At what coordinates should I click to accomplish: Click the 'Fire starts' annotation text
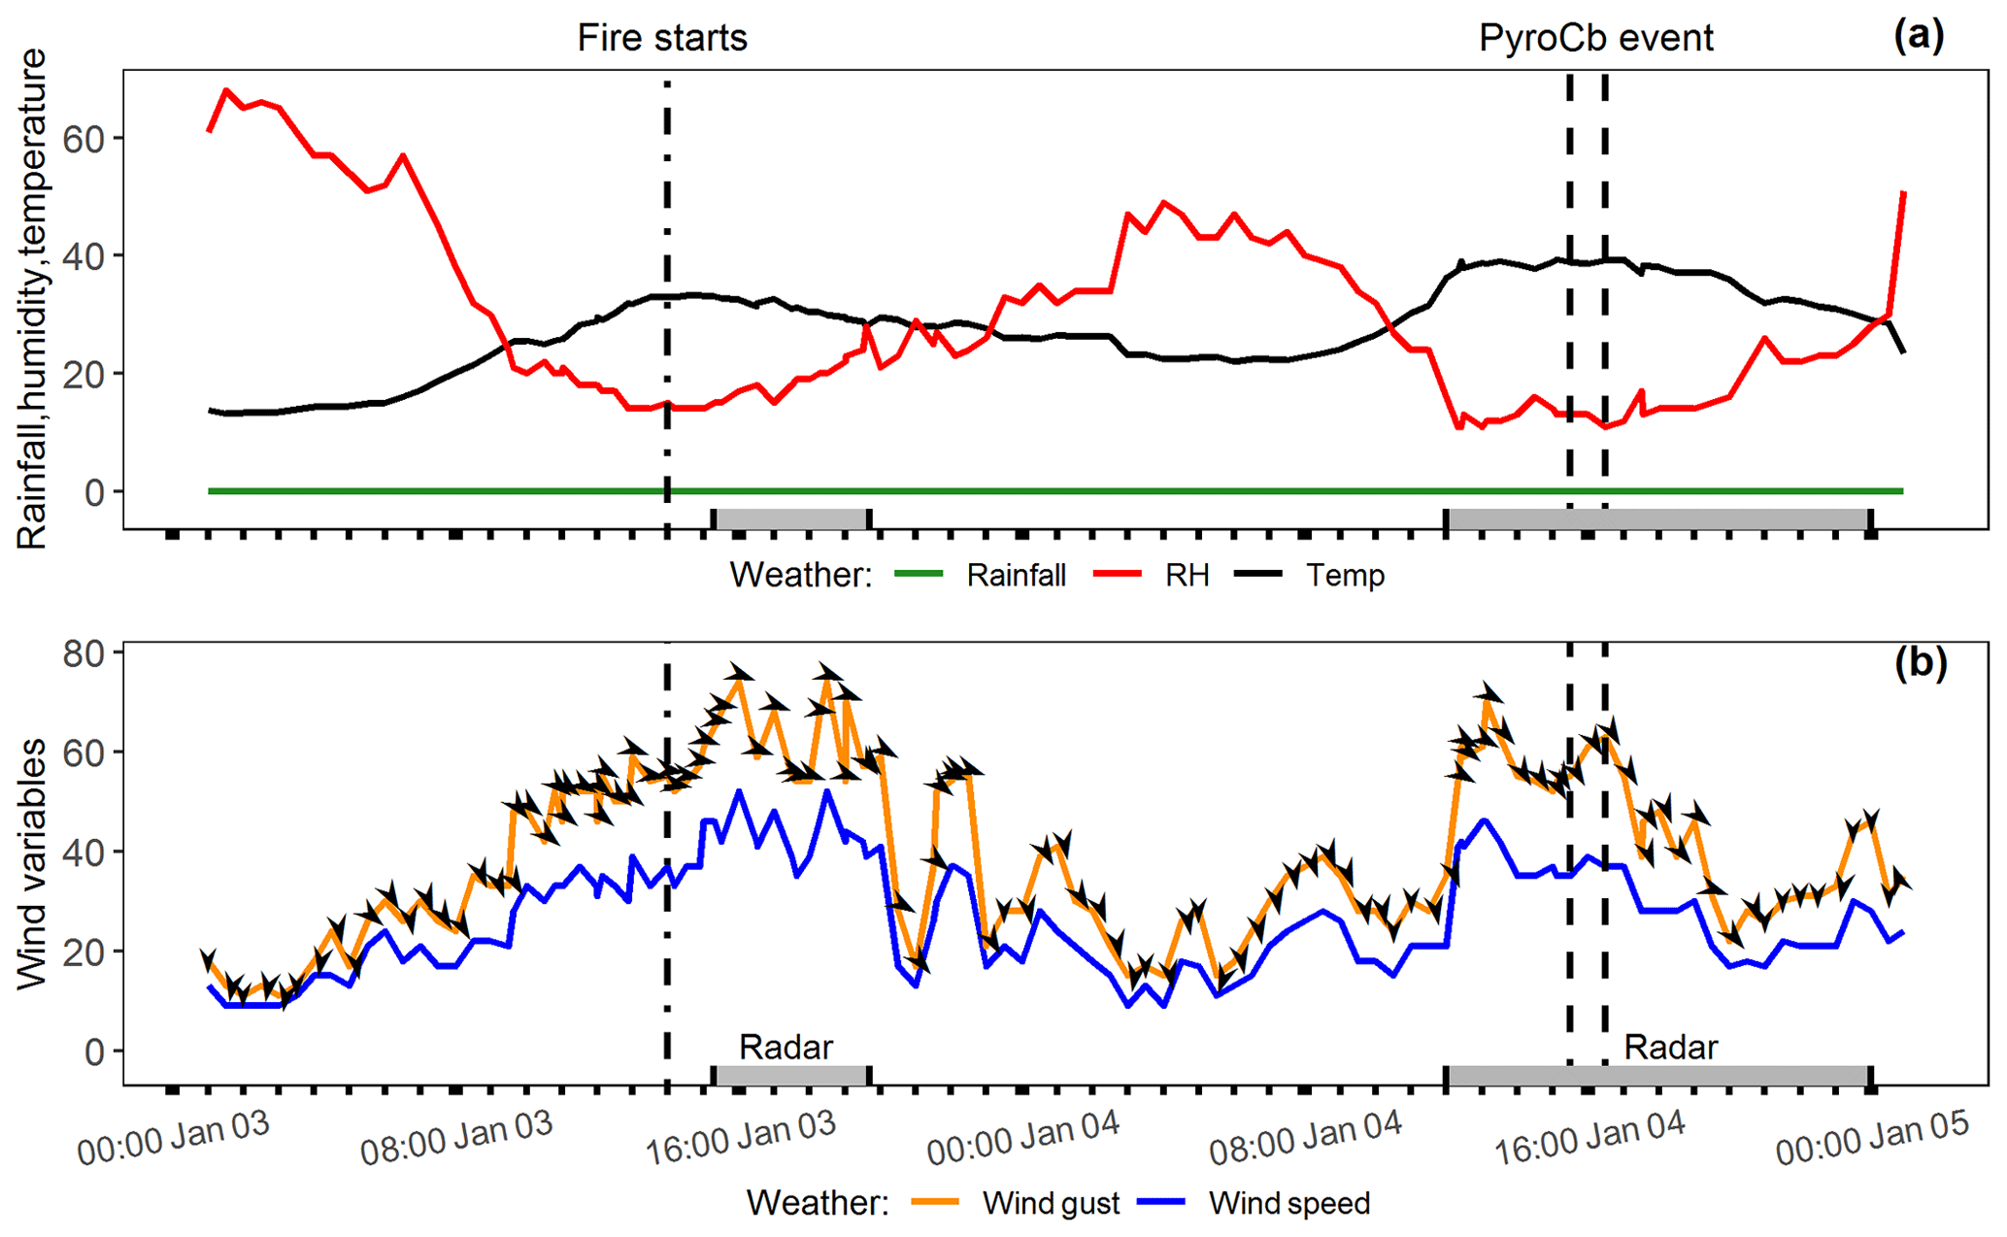(662, 38)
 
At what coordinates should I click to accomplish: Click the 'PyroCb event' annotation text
(1595, 38)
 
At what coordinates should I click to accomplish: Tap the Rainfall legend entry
(1016, 576)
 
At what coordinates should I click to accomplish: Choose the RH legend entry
(1187, 576)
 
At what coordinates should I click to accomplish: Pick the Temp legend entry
(1345, 576)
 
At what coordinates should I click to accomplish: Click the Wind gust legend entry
(1051, 1203)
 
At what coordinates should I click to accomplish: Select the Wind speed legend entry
(1289, 1203)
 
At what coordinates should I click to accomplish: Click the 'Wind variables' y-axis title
(33, 864)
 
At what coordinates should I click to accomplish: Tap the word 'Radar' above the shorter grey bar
(786, 1047)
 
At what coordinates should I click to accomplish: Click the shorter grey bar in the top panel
(791, 518)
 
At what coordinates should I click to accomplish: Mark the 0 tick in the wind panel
(95, 1052)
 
